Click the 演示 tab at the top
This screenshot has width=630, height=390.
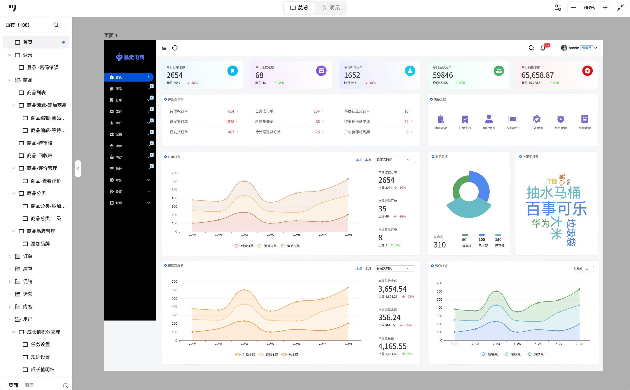click(331, 8)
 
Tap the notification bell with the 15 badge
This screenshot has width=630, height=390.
click(543, 48)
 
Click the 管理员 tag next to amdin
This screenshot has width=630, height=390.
click(587, 48)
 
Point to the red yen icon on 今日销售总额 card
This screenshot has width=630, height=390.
click(587, 71)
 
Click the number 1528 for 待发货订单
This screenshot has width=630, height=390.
click(230, 122)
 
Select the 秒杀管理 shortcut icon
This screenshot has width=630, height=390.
click(561, 119)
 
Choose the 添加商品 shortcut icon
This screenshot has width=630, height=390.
click(441, 119)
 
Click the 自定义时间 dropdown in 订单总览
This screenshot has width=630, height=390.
click(395, 160)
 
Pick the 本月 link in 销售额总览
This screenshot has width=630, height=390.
click(368, 268)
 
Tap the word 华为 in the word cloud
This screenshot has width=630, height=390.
click(541, 223)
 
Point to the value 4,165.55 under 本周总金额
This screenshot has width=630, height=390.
click(392, 346)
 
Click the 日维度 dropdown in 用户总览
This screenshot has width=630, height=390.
click(583, 269)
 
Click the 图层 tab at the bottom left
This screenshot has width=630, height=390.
click(29, 385)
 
